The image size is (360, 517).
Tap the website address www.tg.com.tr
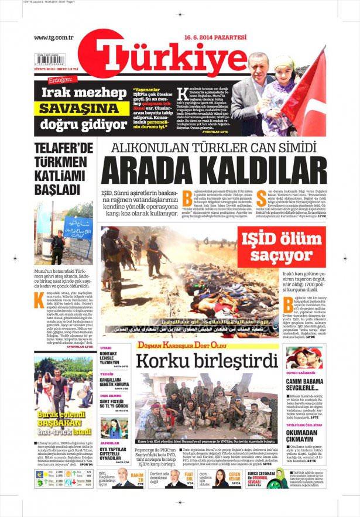point(53,38)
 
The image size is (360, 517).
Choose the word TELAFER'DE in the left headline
point(64,148)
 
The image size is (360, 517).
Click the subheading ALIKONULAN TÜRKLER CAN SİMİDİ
point(214,148)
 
